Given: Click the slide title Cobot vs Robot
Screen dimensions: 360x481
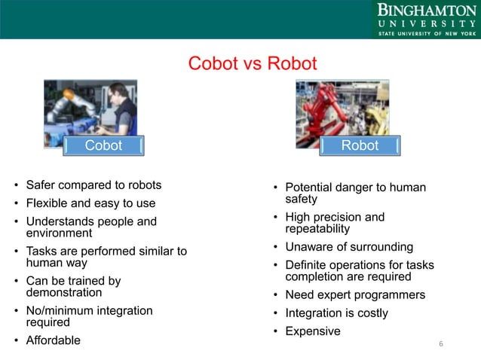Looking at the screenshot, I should pyautogui.click(x=253, y=63).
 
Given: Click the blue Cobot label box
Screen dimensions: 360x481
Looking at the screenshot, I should pyautogui.click(x=103, y=145).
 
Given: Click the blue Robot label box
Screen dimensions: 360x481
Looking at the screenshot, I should pyautogui.click(x=360, y=145).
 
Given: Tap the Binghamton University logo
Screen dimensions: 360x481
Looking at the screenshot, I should pyautogui.click(x=426, y=20).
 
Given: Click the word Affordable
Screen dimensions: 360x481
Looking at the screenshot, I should pyautogui.click(x=53, y=340).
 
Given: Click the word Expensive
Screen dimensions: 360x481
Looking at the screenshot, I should pyautogui.click(x=312, y=331).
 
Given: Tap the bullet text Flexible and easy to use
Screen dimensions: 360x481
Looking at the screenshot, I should pyautogui.click(x=90, y=203).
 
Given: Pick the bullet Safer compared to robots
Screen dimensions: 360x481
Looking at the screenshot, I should pyautogui.click(x=93, y=185).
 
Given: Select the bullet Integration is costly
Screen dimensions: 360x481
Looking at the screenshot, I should pyautogui.click(x=336, y=313).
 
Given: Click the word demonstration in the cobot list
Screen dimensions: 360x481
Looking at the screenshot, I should pyautogui.click(x=64, y=292).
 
